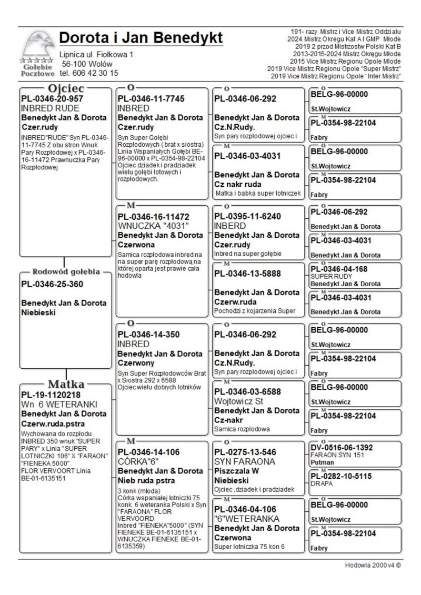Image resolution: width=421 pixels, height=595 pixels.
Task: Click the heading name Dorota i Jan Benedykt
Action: tap(141, 38)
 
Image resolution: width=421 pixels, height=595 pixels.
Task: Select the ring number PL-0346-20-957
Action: tap(52, 98)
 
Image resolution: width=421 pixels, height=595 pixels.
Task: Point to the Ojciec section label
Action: tap(66, 88)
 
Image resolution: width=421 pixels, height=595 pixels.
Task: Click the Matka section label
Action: tap(66, 384)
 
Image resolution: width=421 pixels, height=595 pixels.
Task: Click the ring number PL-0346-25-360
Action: tap(52, 285)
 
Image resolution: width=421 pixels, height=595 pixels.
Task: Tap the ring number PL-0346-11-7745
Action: tap(151, 98)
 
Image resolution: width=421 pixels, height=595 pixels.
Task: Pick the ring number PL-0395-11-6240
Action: tap(247, 216)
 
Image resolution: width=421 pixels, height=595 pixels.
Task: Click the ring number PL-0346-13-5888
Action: tap(247, 274)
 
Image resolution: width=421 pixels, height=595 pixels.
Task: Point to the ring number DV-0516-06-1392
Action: tap(342, 447)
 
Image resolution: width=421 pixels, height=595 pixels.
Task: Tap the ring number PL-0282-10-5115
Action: tap(342, 476)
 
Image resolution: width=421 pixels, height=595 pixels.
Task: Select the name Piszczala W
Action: tap(236, 471)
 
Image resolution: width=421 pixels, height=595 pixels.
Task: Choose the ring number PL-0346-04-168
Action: tap(338, 269)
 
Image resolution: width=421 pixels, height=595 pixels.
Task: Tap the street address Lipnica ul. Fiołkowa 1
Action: tap(96, 55)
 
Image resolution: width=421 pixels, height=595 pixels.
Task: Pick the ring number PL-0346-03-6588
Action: tap(247, 391)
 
